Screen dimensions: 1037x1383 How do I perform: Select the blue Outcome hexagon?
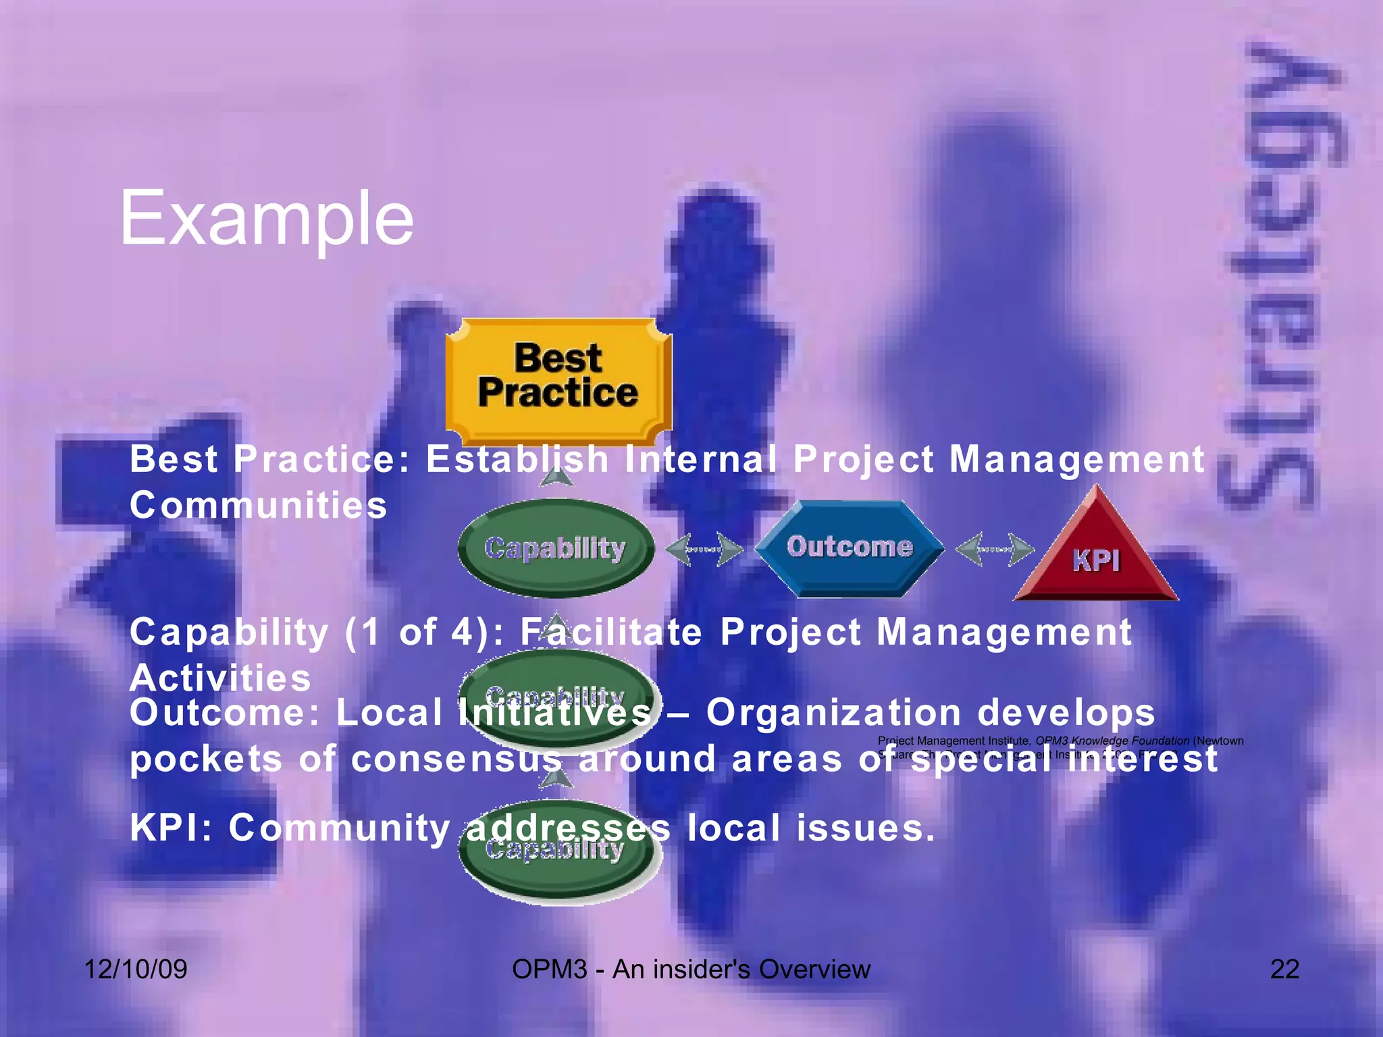pos(849,548)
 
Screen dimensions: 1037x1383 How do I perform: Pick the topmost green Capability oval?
pos(555,548)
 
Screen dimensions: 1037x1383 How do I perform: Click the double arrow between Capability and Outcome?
pos(704,549)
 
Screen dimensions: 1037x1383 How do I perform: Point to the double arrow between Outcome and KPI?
pos(995,549)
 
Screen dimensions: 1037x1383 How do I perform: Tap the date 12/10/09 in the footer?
pos(136,969)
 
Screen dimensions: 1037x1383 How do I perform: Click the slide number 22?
pos(1284,969)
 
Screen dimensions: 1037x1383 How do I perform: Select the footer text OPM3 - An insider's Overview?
pos(691,969)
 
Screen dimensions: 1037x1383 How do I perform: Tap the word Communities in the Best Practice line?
pos(259,505)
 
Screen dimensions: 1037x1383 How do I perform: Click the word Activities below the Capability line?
pos(220,677)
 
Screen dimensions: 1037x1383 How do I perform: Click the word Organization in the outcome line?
pos(834,713)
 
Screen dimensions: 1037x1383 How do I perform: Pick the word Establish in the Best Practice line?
pos(517,459)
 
